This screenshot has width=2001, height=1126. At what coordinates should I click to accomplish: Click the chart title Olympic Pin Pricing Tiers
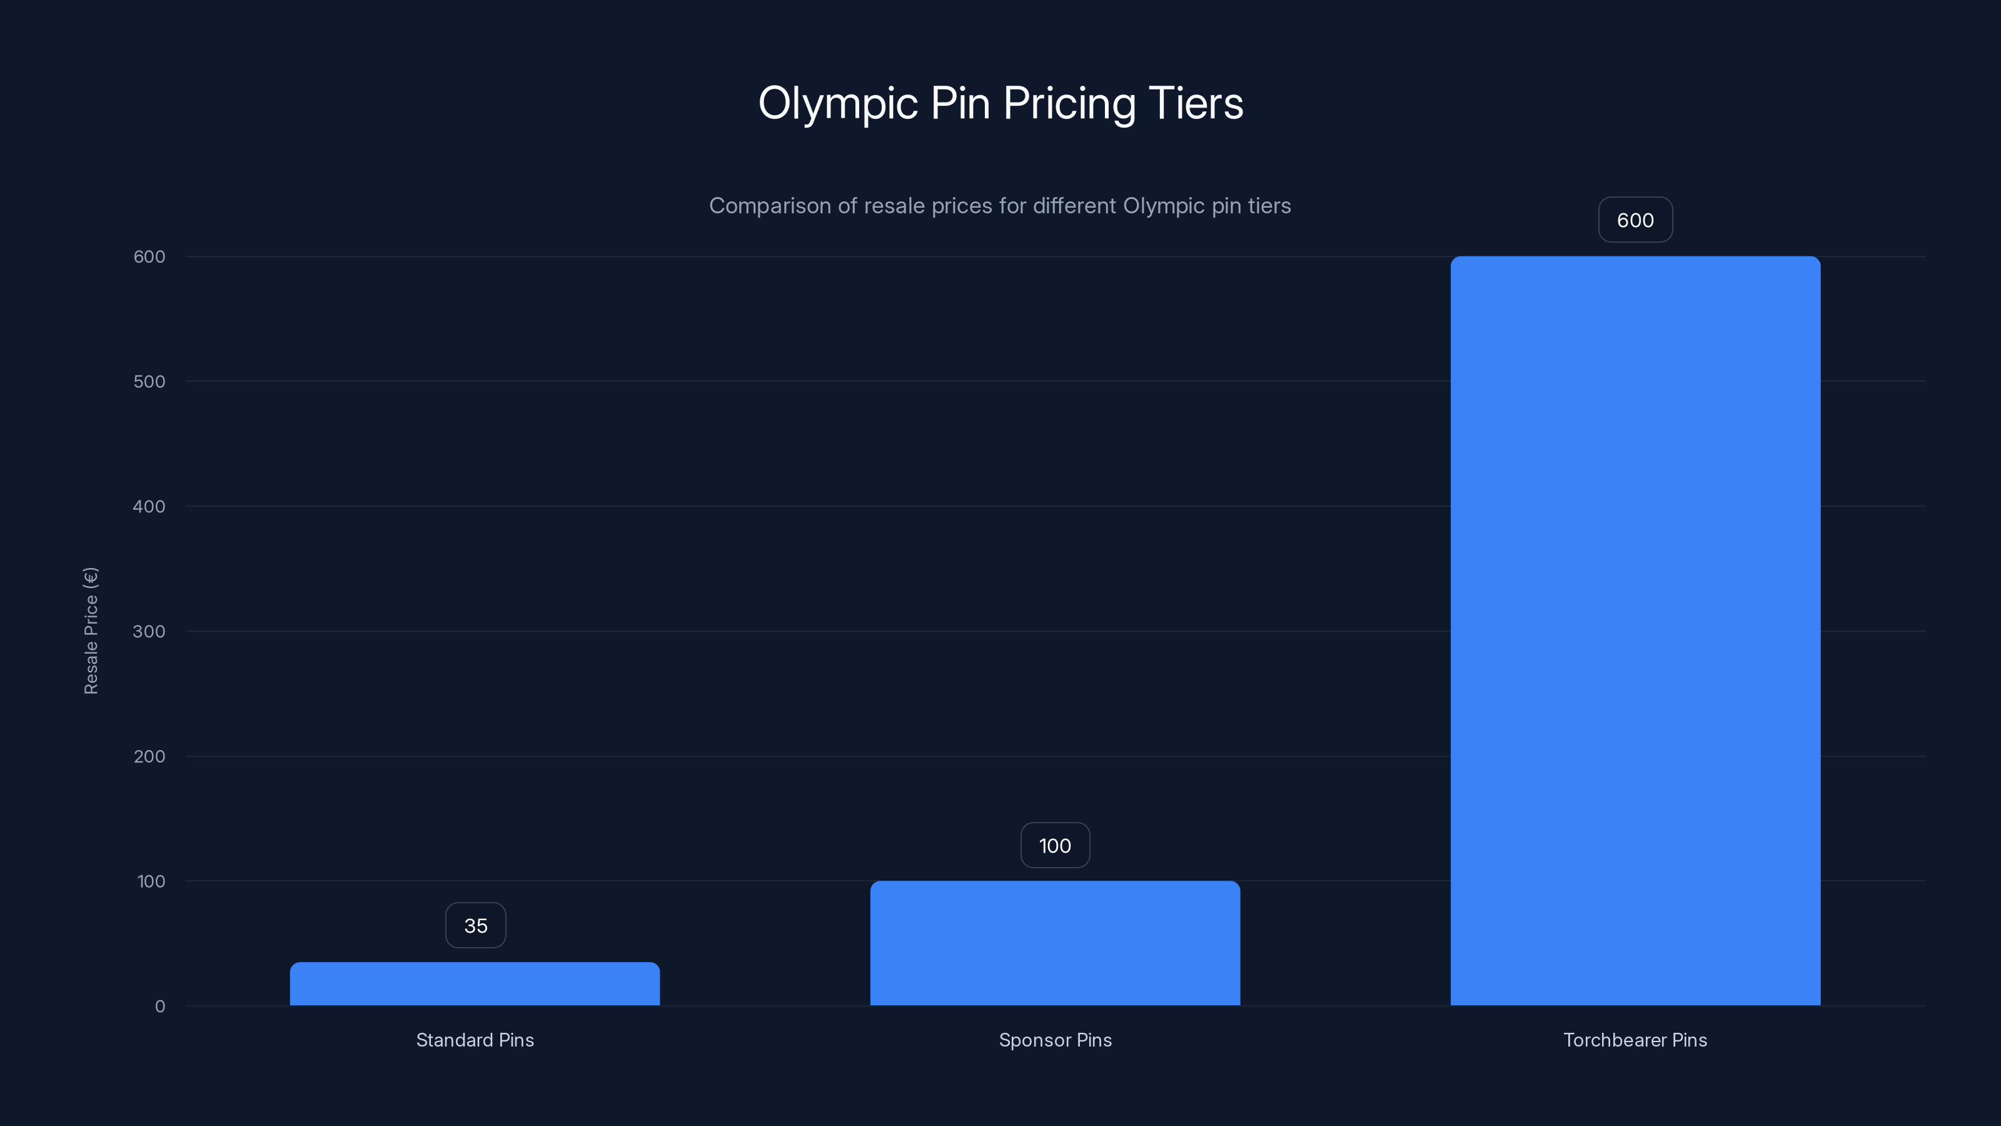coord(1000,103)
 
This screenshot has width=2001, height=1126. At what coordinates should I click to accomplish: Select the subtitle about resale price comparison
coord(1000,206)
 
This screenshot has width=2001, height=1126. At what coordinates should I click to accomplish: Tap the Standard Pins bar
coord(475,984)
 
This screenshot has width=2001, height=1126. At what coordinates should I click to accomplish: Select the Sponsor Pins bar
coord(1055,943)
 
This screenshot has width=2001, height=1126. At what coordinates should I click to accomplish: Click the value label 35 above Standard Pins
coord(475,926)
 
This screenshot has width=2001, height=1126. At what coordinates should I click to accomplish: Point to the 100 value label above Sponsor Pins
coord(1055,846)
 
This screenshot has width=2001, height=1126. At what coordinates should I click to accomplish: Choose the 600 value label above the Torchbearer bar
coord(1635,220)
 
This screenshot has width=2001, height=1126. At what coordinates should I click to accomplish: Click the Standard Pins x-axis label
coord(475,1040)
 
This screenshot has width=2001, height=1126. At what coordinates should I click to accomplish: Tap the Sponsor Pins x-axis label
coord(1055,1040)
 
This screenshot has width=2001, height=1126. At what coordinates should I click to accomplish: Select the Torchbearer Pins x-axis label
coord(1635,1040)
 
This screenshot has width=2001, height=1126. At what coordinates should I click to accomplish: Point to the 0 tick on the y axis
coord(160,1007)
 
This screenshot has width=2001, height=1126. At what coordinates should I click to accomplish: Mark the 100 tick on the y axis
coord(151,881)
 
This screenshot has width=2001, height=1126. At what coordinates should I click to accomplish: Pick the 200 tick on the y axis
coord(149,756)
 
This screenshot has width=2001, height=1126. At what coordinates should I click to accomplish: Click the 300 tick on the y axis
coord(149,631)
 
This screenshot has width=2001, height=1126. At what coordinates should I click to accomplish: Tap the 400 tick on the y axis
coord(149,507)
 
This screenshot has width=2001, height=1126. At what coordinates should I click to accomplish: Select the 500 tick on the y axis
coord(149,382)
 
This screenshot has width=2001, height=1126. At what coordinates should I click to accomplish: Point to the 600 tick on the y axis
coord(149,256)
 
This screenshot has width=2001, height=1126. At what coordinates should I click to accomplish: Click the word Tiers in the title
coord(1196,103)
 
